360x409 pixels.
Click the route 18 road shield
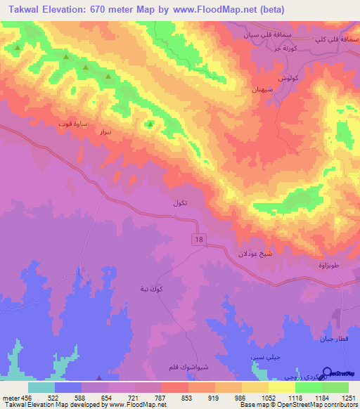click(x=200, y=240)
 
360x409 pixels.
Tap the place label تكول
click(x=180, y=203)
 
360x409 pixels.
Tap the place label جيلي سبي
click(x=263, y=358)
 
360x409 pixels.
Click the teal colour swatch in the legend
click(x=41, y=387)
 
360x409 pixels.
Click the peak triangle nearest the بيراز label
click(x=150, y=125)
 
